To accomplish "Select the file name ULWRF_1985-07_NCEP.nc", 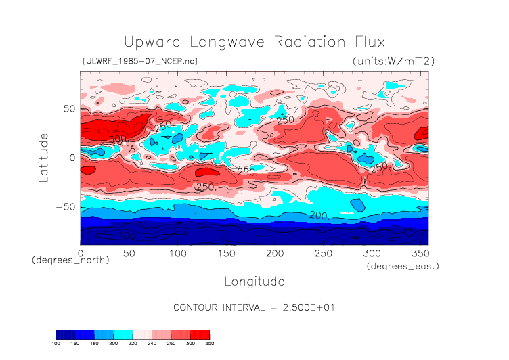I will point(139,61).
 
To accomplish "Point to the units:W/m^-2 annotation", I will point(393,61).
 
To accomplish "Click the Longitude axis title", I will point(254,281).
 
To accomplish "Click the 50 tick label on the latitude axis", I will point(69,108).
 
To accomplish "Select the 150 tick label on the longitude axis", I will point(226,252).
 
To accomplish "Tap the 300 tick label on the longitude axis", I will point(372,252).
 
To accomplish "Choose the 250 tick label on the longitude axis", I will point(323,252).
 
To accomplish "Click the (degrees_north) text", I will point(70,261).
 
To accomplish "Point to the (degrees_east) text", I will point(403,267).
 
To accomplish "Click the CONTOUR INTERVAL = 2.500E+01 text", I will point(255,307).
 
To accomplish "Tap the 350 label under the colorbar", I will point(209,343).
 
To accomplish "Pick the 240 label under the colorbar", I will point(152,343).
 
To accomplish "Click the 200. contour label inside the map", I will point(319,215).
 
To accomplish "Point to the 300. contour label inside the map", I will point(119,139).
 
